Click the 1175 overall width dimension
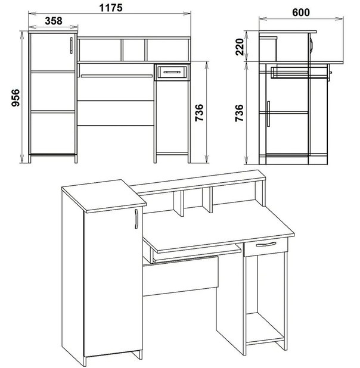pyautogui.click(x=111, y=8)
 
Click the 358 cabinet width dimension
pyautogui.click(x=54, y=21)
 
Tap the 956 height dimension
pyautogui.click(x=15, y=98)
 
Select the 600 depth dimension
pyautogui.click(x=301, y=13)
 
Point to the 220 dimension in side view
pyautogui.click(x=240, y=47)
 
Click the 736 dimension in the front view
pyautogui.click(x=199, y=113)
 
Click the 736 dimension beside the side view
pyautogui.click(x=239, y=113)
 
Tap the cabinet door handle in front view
pyautogui.click(x=72, y=45)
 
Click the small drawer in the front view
pyautogui.click(x=172, y=72)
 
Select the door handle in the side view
pyautogui.click(x=268, y=114)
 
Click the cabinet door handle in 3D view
pyautogui.click(x=136, y=219)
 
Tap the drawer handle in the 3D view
pyautogui.click(x=266, y=244)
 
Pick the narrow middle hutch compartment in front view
pyautogui.click(x=134, y=50)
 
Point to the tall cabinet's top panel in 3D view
pyautogui.click(x=104, y=195)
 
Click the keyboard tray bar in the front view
pyautogui.click(x=117, y=76)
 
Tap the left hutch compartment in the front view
pyautogui.click(x=100, y=50)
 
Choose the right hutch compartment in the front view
pyautogui.click(x=167, y=50)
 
